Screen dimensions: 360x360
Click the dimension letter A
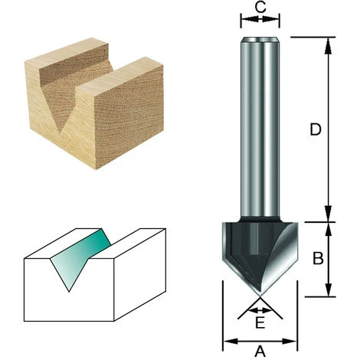pos(260,352)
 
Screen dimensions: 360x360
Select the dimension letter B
pos(318,258)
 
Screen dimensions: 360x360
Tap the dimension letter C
pos(260,7)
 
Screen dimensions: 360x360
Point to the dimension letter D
pos(316,129)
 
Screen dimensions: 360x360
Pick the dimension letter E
pos(260,322)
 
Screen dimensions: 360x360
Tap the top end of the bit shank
pos(260,39)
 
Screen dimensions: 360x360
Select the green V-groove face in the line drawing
pos(79,258)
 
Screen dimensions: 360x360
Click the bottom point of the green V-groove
pos(69,291)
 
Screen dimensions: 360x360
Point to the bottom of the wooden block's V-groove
pos(61,133)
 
